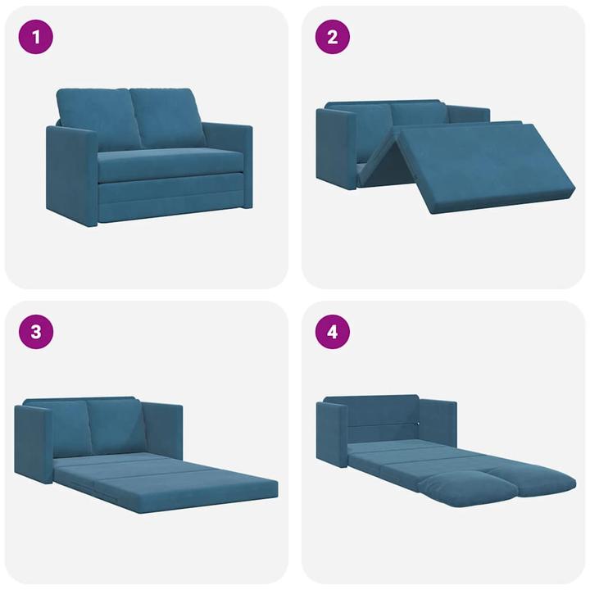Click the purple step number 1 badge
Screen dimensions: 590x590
pyautogui.click(x=35, y=37)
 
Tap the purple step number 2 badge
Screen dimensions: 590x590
pyautogui.click(x=333, y=37)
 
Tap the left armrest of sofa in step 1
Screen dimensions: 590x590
pyautogui.click(x=72, y=175)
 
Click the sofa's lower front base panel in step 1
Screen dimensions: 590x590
pyautogui.click(x=172, y=198)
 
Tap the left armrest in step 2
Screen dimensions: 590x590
pyautogui.click(x=336, y=147)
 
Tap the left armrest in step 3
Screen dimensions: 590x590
pyautogui.click(x=33, y=442)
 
